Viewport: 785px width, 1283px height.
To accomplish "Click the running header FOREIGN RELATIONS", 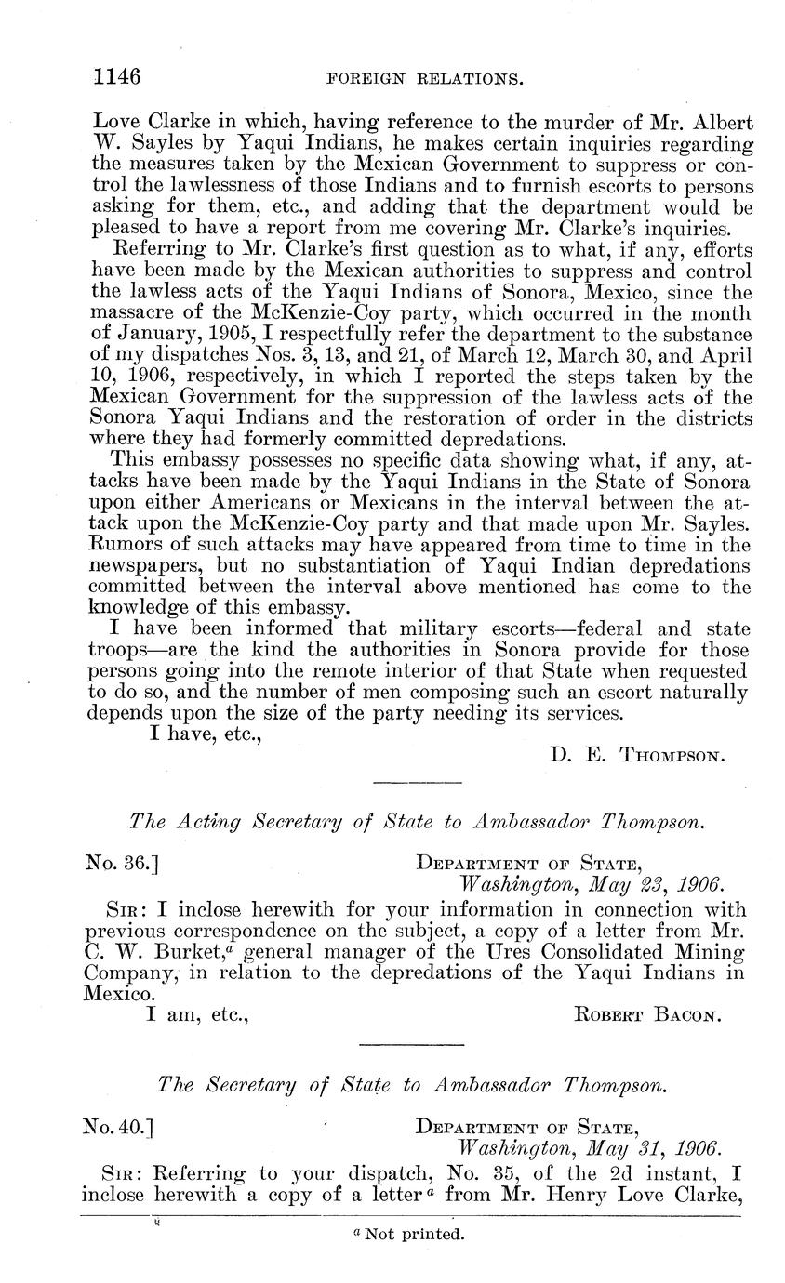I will coord(424,81).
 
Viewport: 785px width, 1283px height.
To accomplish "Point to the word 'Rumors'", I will coord(123,544).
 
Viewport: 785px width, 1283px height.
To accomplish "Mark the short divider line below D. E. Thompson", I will coord(417,781).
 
